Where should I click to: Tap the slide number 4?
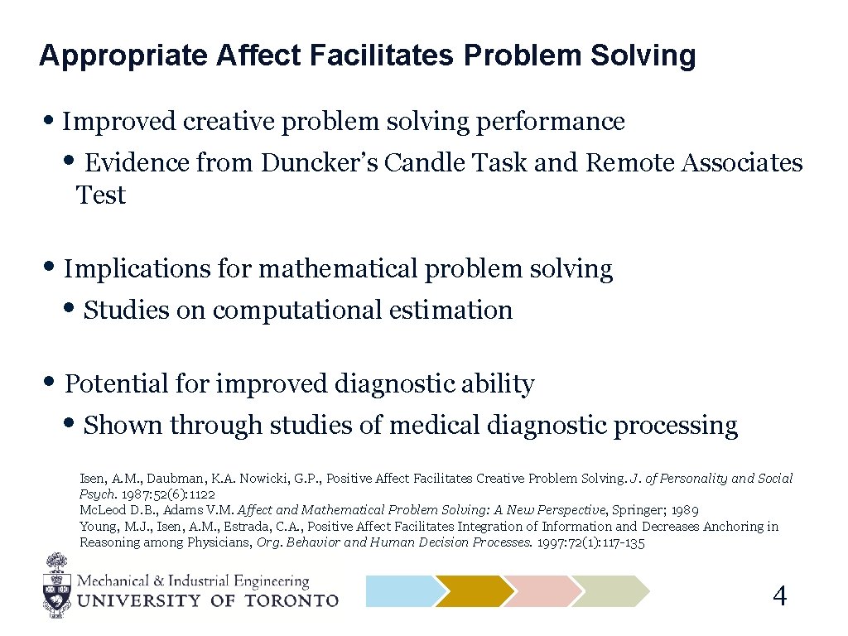click(779, 595)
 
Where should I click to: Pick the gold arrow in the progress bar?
click(473, 591)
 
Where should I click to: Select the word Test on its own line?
click(101, 195)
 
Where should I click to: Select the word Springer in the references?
click(638, 510)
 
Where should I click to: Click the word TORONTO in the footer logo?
click(290, 600)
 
